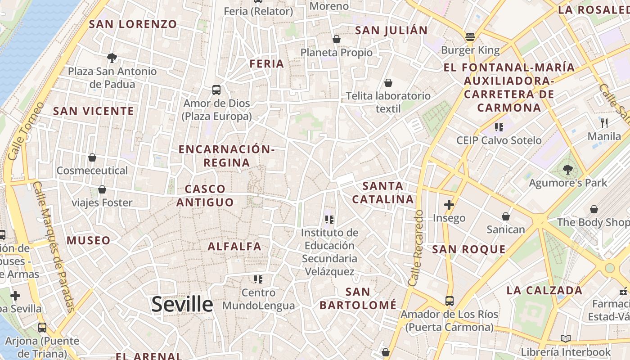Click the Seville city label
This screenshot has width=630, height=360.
coord(182,305)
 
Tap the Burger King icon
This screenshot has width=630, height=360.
coord(470,36)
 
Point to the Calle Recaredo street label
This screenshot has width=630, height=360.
coord(417,248)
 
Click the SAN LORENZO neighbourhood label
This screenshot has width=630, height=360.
coord(133,24)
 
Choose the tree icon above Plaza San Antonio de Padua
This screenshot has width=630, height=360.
coord(112,57)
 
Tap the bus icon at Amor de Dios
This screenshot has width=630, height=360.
coord(216,90)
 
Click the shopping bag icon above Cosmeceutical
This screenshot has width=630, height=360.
coord(92,157)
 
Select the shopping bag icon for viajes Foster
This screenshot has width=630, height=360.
coord(102,189)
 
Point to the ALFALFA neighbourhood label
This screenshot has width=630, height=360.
coord(234,246)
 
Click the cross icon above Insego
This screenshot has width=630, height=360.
coord(449,205)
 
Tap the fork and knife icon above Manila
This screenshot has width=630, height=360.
coord(604,122)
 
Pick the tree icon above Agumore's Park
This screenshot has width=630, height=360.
coord(568,170)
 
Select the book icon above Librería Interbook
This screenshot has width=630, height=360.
coord(566,338)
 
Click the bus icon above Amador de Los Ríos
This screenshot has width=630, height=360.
coord(449,301)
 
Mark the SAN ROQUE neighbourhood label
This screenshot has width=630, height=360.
coord(469,249)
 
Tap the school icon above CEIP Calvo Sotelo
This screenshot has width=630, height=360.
coord(499,127)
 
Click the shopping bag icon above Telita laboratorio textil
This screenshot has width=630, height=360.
coord(388,83)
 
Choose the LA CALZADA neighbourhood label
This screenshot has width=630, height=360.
coord(544,290)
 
